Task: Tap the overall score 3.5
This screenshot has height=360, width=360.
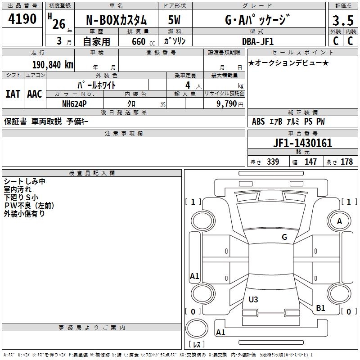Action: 342,21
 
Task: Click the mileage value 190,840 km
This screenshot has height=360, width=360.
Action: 53,64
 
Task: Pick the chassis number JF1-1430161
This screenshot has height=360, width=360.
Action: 302,143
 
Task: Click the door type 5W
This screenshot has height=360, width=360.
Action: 175,20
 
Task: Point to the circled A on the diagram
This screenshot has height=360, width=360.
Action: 339,221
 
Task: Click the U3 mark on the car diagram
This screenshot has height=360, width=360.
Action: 253,299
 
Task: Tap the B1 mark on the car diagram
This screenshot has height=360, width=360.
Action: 320,308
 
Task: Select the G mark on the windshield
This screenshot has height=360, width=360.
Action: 284,237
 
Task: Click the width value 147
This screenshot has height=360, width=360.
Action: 310,162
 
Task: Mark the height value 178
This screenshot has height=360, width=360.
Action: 346,162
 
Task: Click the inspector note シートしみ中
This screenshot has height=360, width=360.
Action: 25,181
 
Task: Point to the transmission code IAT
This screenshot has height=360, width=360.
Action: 13,94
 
